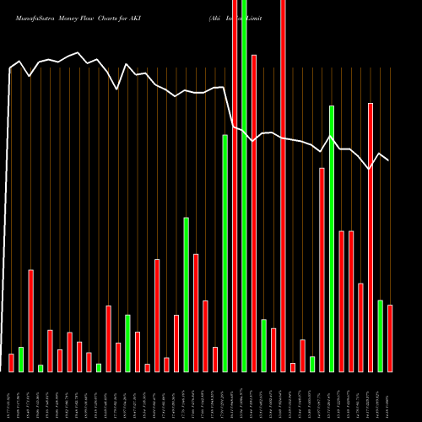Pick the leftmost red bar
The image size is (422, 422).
click(x=12, y=362)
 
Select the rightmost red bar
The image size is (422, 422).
click(x=390, y=338)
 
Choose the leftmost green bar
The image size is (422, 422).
click(x=21, y=359)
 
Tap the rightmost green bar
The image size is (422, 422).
click(x=380, y=335)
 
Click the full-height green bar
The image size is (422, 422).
click(x=244, y=186)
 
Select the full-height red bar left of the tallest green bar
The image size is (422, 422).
click(x=235, y=186)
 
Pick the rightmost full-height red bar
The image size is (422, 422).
click(x=283, y=186)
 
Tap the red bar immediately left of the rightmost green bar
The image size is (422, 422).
click(x=371, y=236)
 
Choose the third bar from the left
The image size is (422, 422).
click(x=31, y=321)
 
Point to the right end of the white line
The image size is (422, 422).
click(x=388, y=160)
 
